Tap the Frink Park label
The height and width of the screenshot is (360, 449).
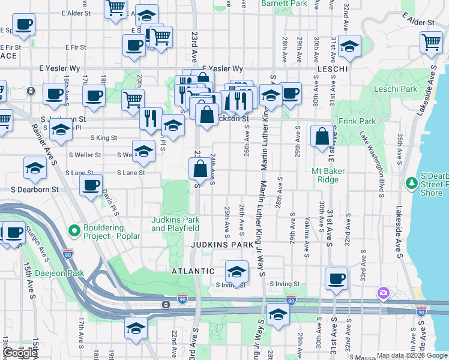(361, 121)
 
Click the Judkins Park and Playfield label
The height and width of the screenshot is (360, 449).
(175, 224)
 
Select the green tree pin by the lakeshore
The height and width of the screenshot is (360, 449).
(411, 182)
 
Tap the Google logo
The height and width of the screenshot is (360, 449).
(20, 353)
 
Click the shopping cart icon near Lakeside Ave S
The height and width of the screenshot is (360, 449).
(431, 43)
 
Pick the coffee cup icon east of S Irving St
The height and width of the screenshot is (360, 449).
(336, 278)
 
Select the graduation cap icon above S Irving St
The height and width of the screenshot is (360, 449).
(237, 271)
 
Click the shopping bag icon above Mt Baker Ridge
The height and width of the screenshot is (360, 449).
(322, 136)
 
